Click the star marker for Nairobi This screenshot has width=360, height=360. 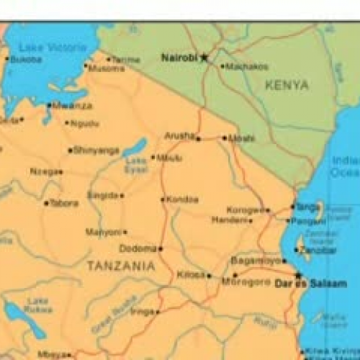coord(204,57)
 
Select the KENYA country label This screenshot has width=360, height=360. coord(287,85)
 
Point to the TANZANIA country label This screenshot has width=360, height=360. coord(120,266)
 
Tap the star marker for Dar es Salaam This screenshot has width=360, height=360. coord(297,274)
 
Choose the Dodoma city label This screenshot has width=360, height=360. coord(140,248)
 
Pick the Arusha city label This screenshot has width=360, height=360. coord(179,135)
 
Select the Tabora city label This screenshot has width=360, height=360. coord(64,204)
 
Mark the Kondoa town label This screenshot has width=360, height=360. coord(182,199)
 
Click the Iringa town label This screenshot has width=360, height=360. coord(143,312)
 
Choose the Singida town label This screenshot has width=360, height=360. coord(102,195)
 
